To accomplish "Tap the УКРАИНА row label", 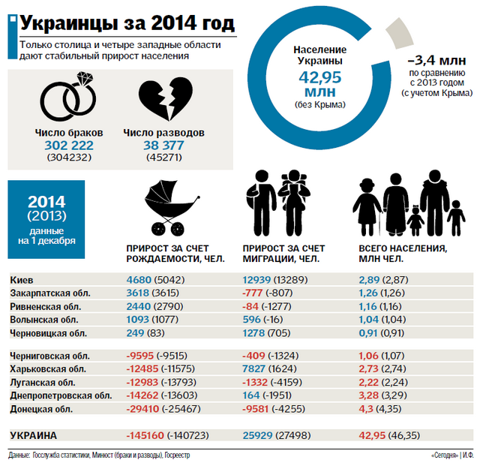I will [x=33, y=435].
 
